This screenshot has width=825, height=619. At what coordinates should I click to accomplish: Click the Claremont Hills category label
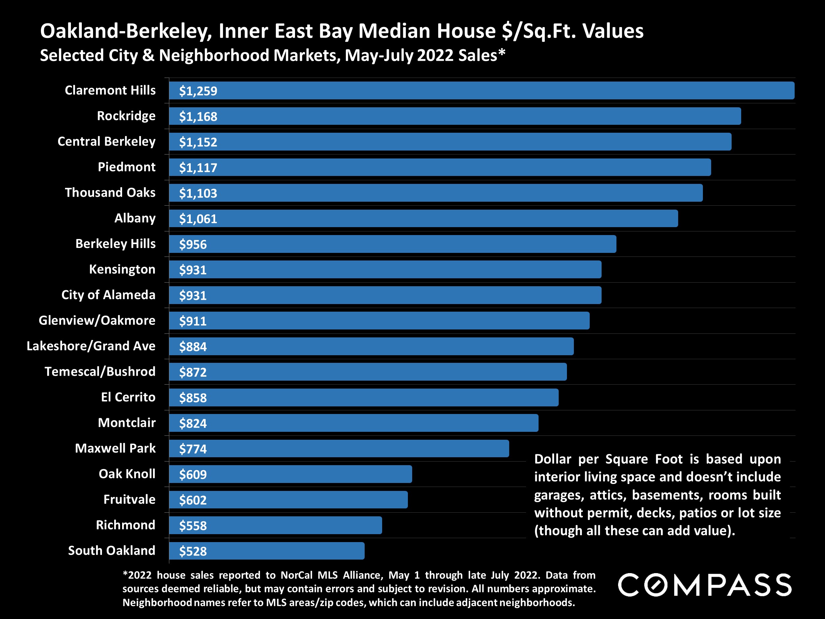pos(110,90)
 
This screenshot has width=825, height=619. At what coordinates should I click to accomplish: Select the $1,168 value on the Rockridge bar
pos(198,117)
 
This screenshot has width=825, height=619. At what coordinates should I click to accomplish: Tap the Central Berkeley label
pos(106,141)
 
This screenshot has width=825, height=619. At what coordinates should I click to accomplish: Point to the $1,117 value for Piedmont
pos(198,167)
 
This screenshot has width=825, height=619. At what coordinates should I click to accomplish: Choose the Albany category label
pos(135,218)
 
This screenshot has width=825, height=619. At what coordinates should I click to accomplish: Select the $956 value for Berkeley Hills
pos(193,244)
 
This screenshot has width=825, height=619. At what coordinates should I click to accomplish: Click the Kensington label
pos(122,269)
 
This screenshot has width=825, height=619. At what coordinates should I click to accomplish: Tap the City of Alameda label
pos(108,295)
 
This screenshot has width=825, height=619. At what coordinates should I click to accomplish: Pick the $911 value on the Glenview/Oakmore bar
pos(193,321)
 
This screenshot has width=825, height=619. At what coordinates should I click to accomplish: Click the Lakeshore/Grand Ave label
pos(91,346)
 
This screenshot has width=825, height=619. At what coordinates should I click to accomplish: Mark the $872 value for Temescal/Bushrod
pos(193,372)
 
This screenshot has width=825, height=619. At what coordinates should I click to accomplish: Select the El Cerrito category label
pos(128,397)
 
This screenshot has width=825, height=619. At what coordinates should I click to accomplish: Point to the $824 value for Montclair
pos(193,423)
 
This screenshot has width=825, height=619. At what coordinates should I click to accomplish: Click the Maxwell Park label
pos(115,448)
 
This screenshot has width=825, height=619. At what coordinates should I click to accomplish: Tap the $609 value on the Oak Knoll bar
pos(193,474)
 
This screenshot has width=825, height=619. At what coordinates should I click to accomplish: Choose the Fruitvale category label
pos(129,499)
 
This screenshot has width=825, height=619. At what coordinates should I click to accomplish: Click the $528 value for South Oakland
pos(193,551)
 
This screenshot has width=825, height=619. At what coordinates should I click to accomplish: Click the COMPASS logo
pos(705,585)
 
